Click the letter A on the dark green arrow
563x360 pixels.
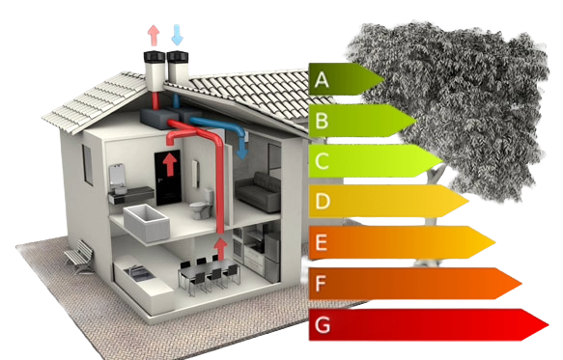click(x=323, y=80)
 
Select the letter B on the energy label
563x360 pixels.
click(x=323, y=121)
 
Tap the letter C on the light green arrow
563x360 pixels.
click(x=323, y=161)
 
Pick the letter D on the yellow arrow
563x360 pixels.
click(x=323, y=203)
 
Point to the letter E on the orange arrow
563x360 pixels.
click(x=323, y=243)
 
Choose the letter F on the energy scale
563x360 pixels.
click(x=323, y=284)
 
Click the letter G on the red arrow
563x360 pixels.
click(x=323, y=325)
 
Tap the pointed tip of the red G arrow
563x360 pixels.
click(x=547, y=325)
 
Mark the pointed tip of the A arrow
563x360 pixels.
click(x=383, y=78)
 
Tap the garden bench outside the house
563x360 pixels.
click(x=78, y=256)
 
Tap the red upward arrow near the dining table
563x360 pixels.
click(x=220, y=249)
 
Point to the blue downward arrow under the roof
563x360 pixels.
click(x=243, y=150)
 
